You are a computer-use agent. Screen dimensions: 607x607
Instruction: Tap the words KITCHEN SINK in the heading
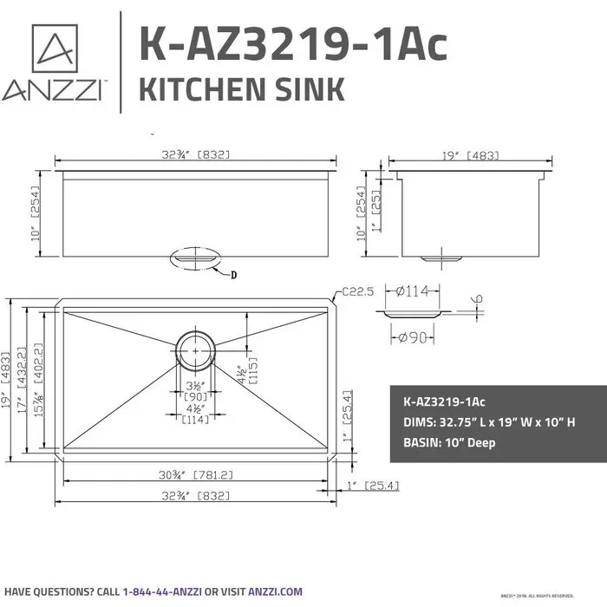(242, 89)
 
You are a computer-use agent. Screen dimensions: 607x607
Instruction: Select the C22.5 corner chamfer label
(356, 292)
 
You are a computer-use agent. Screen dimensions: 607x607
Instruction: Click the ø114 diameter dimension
(412, 292)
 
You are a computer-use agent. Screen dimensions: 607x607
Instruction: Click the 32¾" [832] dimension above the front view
(195, 155)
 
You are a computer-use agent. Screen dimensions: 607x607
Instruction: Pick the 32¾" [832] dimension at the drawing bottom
(195, 498)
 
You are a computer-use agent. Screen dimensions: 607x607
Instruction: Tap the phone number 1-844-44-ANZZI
(163, 591)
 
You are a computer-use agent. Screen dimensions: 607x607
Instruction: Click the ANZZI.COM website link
(276, 591)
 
